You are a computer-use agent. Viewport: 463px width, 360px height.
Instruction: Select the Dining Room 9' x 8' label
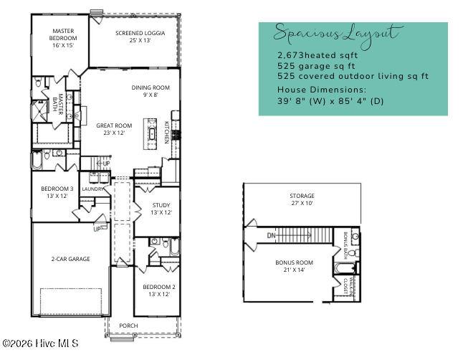coord(151,90)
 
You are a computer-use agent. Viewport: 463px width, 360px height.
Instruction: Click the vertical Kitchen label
coord(167,132)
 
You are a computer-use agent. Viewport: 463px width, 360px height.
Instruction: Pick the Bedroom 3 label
coord(52,192)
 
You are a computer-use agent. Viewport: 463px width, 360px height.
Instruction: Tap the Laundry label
coord(93,189)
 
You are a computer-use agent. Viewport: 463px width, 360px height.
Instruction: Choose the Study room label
coord(161,209)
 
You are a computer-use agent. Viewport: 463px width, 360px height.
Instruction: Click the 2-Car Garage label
coord(70,259)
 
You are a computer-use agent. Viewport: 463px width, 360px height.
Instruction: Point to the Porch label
coord(128,326)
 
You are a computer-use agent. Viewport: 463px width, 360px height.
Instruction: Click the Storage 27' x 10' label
coord(302,199)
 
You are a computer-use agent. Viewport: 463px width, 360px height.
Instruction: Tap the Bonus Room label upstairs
coord(295,266)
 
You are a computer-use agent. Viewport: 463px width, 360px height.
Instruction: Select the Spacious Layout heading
coord(335,34)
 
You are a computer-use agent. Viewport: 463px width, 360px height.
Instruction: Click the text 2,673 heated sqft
coord(317,55)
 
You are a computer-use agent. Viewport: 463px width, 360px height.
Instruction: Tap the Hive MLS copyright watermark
coord(40,344)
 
